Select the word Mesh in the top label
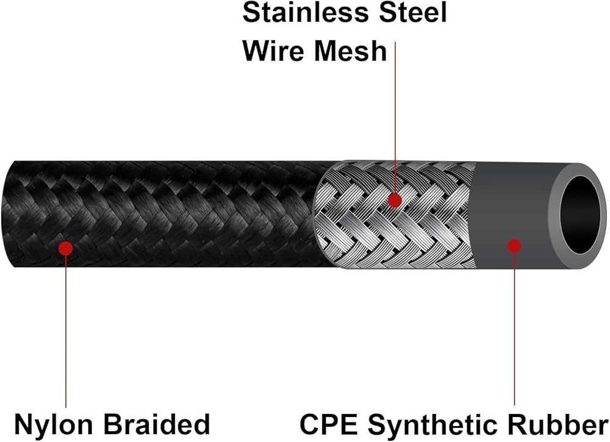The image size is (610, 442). point(350,51)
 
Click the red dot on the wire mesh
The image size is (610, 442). point(395,199)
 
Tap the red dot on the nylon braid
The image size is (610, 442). point(66,248)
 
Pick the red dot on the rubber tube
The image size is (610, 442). point(514,246)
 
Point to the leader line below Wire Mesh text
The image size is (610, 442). point(395,122)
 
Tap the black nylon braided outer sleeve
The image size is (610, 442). point(183,213)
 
